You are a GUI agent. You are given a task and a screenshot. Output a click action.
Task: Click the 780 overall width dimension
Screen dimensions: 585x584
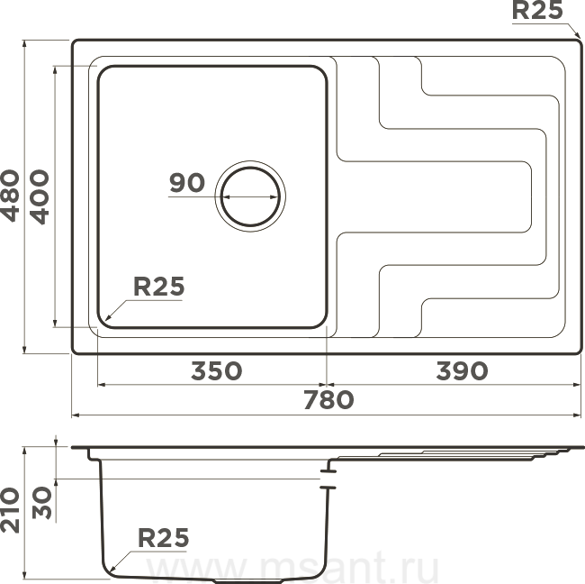click(328, 400)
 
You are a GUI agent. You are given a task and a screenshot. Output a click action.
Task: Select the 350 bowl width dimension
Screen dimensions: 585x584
click(216, 370)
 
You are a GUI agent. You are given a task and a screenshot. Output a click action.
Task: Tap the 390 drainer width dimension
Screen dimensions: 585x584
click(462, 370)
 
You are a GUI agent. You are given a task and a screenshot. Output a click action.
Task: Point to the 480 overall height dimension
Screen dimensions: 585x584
click(10, 196)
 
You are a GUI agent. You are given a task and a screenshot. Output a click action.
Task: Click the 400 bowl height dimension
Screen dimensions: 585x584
click(40, 196)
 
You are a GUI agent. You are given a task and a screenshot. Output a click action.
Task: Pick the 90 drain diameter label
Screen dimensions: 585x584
click(187, 182)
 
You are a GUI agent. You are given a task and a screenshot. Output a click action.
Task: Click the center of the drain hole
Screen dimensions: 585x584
click(250, 196)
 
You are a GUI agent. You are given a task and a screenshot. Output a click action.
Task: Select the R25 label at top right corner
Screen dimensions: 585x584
click(537, 10)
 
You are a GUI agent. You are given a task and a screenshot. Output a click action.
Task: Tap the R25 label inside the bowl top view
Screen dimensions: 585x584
click(159, 287)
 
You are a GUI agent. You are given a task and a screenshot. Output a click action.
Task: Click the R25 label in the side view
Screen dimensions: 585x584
click(164, 538)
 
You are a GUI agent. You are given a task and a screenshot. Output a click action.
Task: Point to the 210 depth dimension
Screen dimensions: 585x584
click(10, 509)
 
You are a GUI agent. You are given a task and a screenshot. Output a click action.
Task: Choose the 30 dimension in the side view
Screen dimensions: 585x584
click(41, 502)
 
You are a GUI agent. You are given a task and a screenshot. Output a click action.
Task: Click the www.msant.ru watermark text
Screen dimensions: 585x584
click(293, 567)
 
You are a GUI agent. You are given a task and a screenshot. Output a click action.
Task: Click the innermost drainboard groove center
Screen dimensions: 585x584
click(434, 196)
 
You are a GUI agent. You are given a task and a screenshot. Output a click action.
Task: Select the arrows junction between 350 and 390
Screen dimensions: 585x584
click(327, 385)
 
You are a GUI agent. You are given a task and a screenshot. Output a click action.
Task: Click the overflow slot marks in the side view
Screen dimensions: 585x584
click(328, 479)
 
